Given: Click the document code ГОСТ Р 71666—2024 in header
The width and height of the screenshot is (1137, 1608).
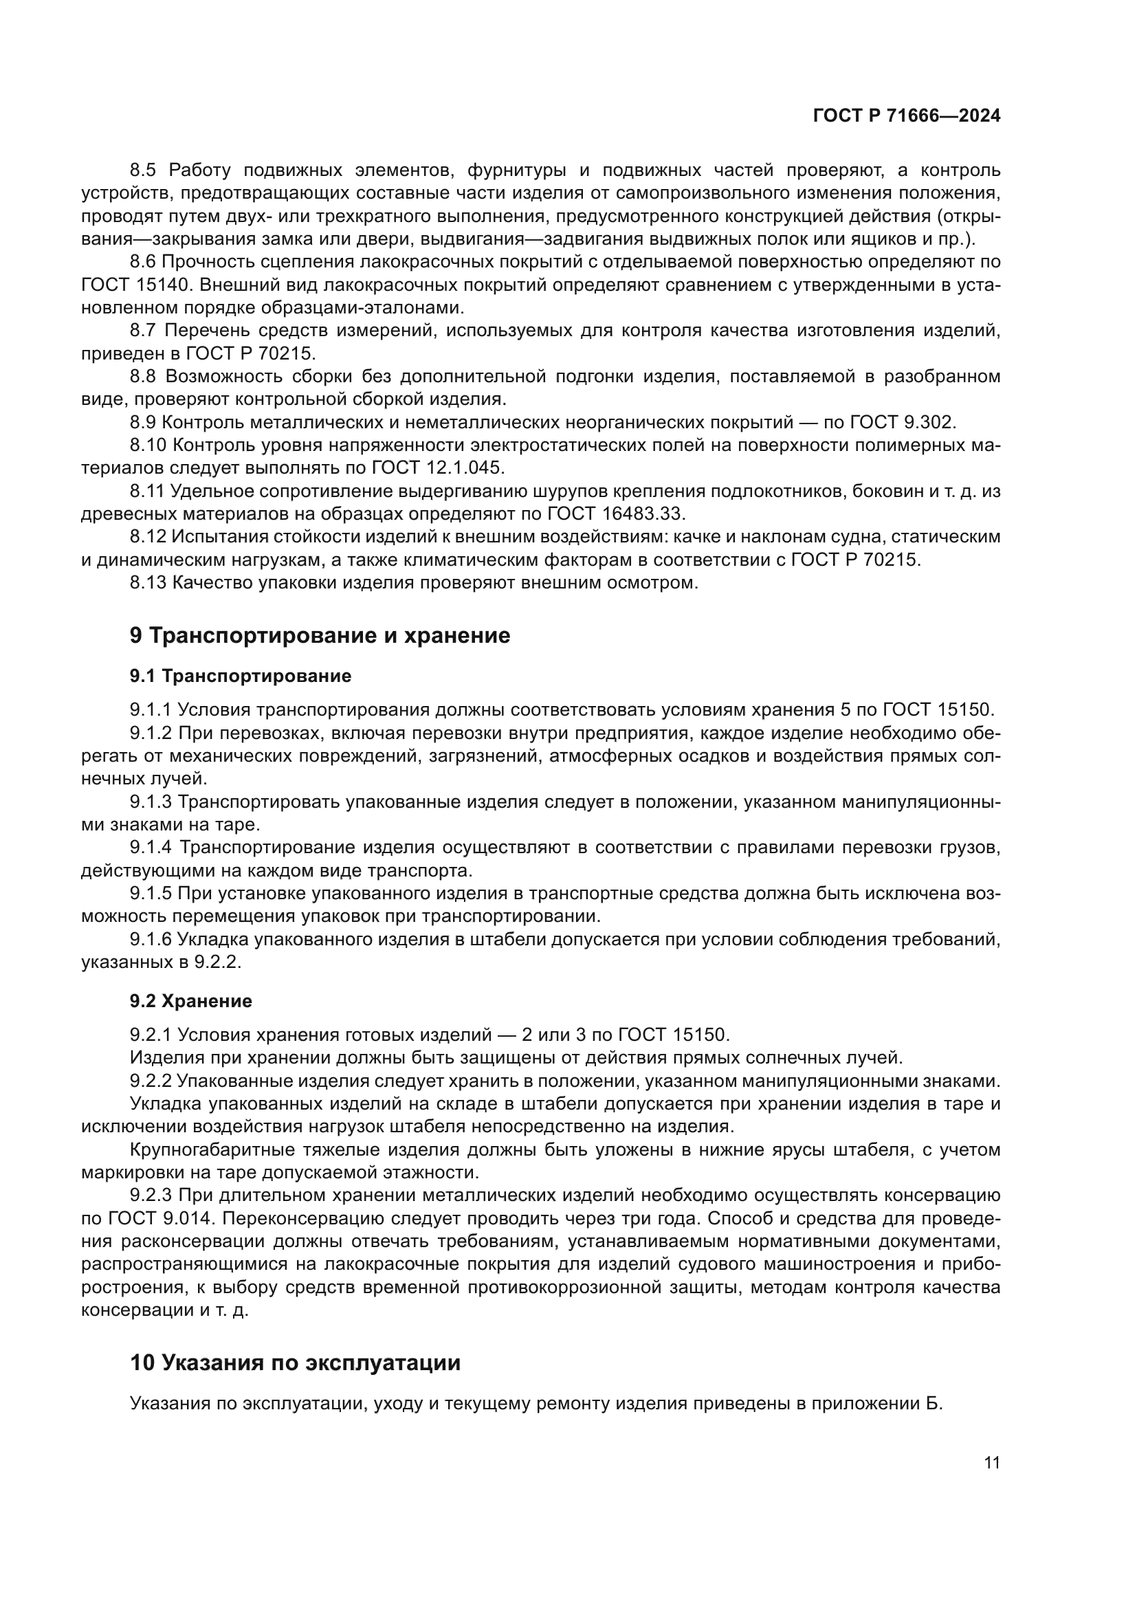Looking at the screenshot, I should coord(907,116).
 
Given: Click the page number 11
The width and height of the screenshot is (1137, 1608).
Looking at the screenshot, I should coord(991,1463).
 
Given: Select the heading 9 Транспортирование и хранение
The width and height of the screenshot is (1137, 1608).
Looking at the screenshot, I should coord(320,635).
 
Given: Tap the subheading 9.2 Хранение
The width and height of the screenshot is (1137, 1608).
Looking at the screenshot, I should coord(190,1001).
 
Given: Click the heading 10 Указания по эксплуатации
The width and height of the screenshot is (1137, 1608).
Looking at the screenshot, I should coord(296,1363).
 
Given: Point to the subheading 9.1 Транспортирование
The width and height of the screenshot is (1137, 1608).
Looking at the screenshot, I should coord(240,676).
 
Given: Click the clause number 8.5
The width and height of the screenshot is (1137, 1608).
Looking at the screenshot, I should coord(145,170).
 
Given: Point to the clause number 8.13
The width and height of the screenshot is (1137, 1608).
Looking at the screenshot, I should coord(148,582).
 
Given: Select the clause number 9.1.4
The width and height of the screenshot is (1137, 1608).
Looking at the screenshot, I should coord(151,848).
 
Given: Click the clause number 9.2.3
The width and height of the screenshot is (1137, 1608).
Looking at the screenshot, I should coord(151,1195).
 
